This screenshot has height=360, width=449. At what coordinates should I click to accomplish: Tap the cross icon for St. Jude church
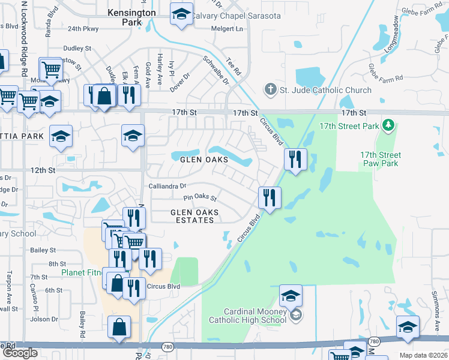coord(270,90)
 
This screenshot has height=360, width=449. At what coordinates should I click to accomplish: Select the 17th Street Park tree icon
coord(389,125)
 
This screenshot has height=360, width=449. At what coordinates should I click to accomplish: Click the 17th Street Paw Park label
coord(380,159)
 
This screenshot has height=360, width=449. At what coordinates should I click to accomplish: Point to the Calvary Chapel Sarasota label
coord(236,16)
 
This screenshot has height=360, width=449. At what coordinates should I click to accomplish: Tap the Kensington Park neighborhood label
coord(131,17)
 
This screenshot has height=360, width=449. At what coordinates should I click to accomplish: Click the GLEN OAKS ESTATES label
coord(192,216)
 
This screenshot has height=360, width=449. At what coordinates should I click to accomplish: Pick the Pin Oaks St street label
coord(200,197)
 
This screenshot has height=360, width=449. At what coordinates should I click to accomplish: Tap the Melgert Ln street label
coord(231,28)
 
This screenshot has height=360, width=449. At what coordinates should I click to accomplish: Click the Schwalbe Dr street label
coord(216,70)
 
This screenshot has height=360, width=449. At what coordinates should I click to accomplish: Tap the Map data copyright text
coord(424,355)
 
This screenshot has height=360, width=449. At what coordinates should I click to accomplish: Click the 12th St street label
coord(43,170)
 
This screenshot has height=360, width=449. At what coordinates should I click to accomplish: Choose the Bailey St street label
coord(44,250)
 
